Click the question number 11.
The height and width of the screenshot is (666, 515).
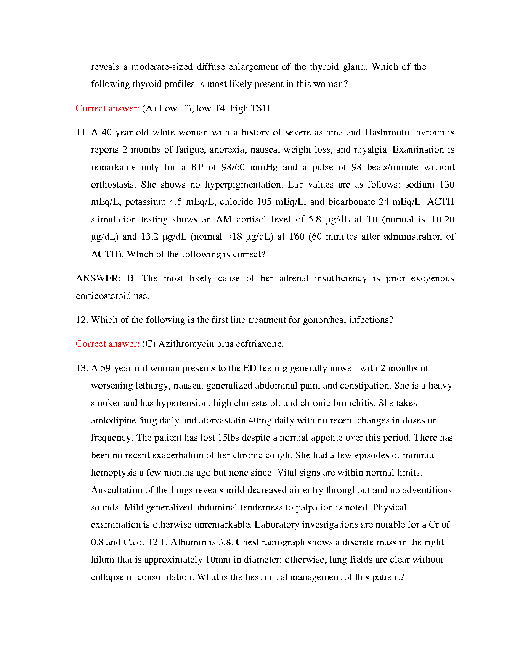click(x=81, y=132)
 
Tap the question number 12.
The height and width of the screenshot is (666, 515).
click(x=81, y=320)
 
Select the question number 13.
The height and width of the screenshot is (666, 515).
click(x=81, y=368)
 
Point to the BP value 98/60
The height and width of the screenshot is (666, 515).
click(x=233, y=167)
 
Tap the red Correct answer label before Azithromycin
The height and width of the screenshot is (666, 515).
click(x=107, y=344)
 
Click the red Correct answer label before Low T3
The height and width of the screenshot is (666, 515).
click(x=107, y=108)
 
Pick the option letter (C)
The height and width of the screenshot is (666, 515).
click(x=149, y=344)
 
